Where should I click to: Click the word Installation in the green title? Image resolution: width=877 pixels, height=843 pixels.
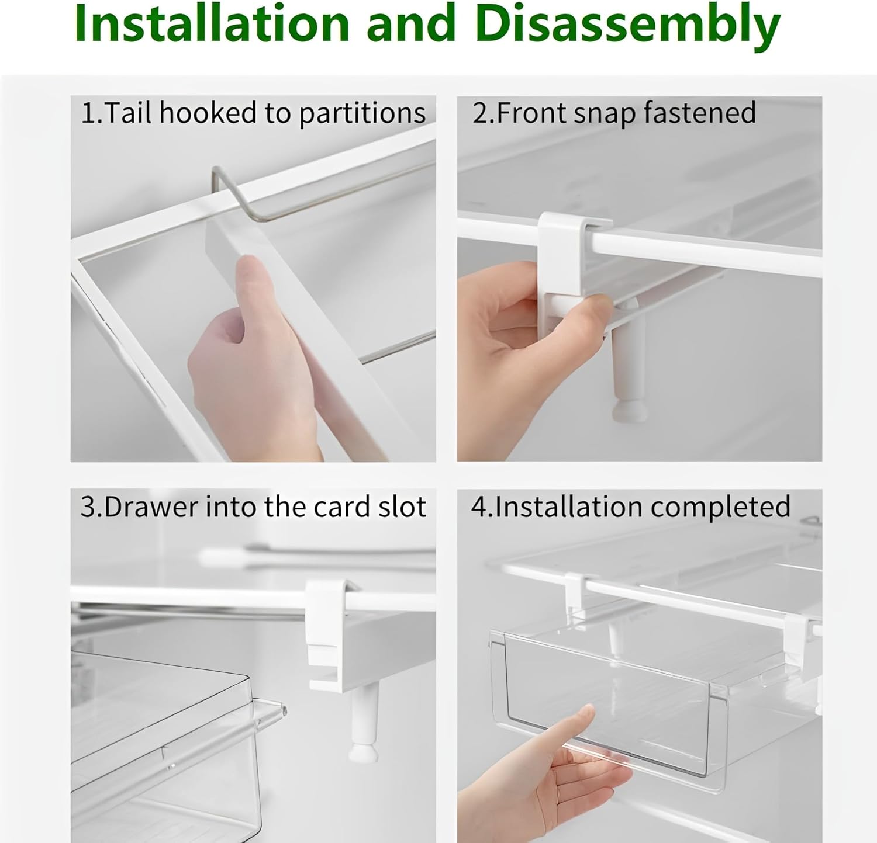(212, 23)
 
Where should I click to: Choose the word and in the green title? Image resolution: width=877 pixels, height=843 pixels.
(412, 23)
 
